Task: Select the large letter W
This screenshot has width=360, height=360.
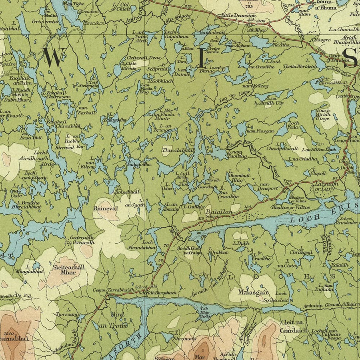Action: pyautogui.click(x=55, y=57)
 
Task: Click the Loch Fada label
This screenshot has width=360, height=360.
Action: pyautogui.click(x=293, y=126)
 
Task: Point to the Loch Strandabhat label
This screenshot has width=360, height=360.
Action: pyautogui.click(x=147, y=245)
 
